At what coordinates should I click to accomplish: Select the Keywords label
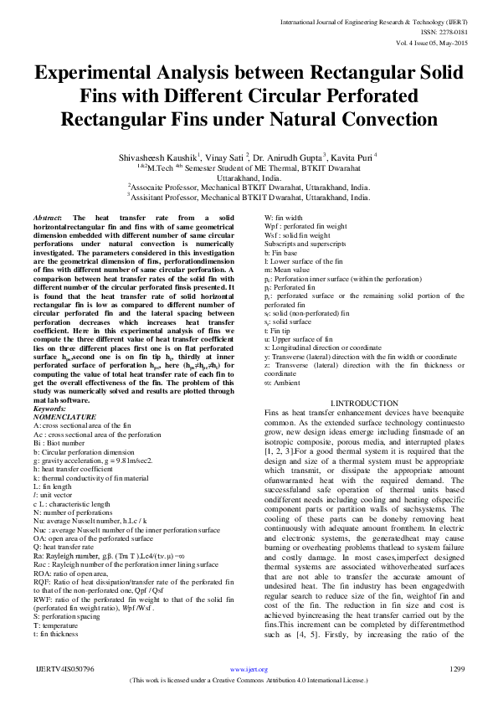tap(53, 408)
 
